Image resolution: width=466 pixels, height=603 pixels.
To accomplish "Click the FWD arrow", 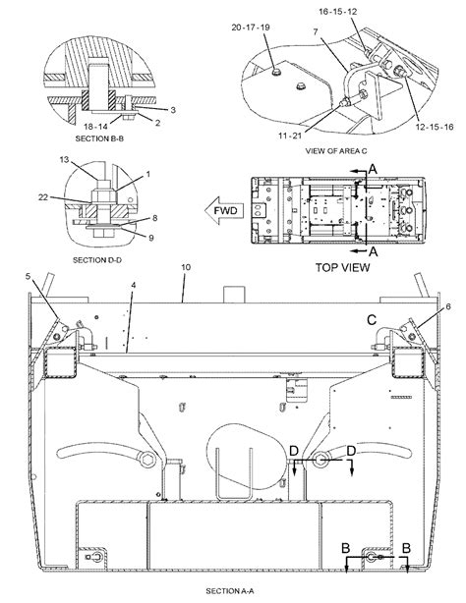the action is click(224, 210).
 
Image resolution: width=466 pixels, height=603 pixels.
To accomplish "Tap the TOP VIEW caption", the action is click(342, 268).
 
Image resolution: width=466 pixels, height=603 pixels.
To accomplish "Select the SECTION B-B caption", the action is click(99, 138).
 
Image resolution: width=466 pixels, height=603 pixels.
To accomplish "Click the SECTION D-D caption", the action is click(97, 260).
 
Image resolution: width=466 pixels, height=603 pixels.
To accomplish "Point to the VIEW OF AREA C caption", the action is click(336, 151).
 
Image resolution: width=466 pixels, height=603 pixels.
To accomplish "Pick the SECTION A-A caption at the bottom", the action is click(230, 591).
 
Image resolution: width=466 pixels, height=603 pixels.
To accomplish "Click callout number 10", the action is click(186, 267).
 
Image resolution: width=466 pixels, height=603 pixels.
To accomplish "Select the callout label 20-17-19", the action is click(251, 27).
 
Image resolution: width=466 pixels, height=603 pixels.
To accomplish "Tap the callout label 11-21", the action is click(290, 136).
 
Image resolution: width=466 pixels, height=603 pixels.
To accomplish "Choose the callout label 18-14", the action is click(96, 126).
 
